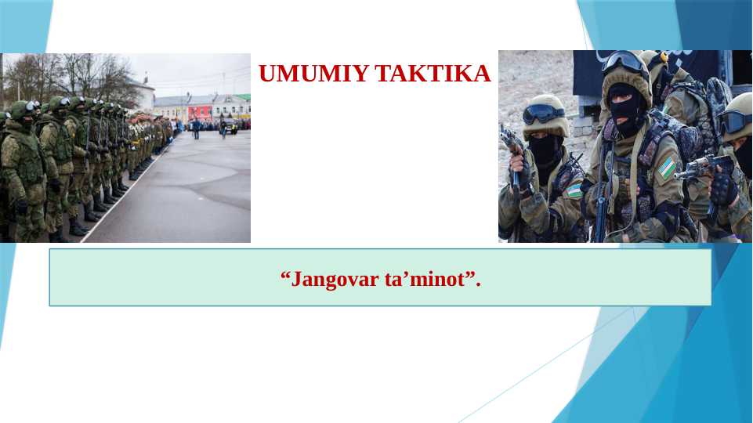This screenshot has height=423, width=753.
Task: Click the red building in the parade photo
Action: tap(199, 112)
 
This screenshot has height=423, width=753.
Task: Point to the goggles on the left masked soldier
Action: tap(542, 114)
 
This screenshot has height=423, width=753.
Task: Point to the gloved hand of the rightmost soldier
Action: tap(722, 189)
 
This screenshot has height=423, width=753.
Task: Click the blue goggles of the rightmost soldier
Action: tap(736, 121)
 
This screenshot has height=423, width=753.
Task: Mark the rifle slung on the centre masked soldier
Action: tap(602, 196)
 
